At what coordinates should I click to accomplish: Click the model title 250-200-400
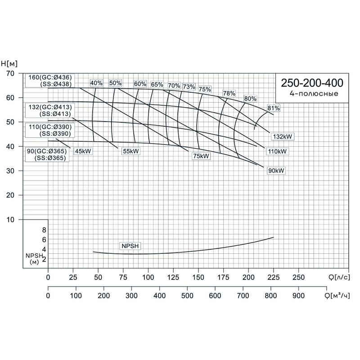312,83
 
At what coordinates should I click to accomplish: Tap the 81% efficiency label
274,108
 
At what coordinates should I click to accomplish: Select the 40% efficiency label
96,83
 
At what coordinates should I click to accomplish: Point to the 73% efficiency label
189,87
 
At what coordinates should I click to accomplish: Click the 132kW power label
283,136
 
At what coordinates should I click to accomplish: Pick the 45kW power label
83,151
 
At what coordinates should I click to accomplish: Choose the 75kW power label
201,156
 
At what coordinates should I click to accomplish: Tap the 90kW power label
276,171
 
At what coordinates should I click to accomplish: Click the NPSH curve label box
130,246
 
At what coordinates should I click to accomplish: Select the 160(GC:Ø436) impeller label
50,76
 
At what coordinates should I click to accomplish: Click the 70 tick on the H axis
11,73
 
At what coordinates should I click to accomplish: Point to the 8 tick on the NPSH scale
44,230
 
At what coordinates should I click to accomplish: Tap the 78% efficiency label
229,94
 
